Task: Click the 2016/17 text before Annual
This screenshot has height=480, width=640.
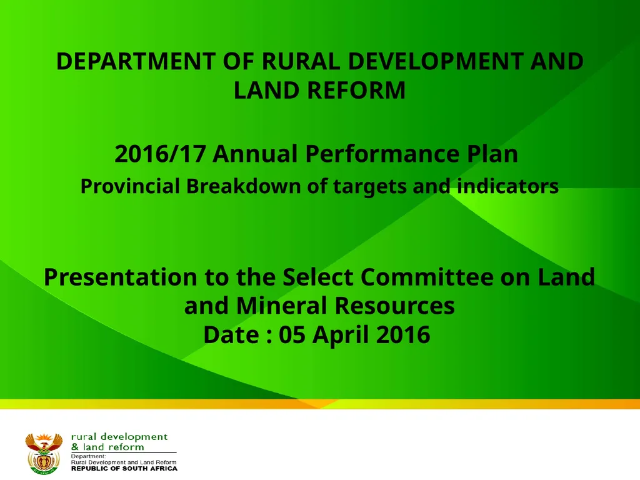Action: [159, 154]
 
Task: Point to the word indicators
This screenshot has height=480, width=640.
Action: [505, 186]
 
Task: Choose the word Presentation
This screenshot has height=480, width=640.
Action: [122, 277]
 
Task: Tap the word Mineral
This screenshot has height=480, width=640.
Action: [284, 306]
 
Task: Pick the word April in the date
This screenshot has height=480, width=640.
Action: [342, 335]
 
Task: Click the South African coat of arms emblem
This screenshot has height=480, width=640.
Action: [44, 452]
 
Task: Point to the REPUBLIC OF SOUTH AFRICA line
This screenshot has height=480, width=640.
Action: [124, 468]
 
